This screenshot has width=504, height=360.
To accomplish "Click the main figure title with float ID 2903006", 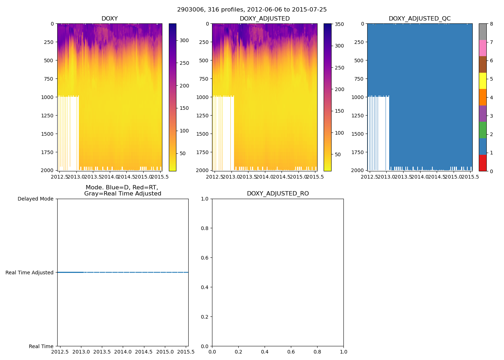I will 252,10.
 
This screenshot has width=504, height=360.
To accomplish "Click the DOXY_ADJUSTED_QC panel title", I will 419,18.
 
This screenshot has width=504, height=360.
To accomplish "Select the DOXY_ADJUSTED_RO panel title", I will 278,194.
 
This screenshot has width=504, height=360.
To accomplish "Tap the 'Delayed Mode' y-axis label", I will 35,199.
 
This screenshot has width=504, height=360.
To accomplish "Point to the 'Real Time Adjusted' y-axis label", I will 30,273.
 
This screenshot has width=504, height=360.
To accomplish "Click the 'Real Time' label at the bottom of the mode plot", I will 41,346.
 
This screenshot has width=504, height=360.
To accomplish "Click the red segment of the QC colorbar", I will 482,163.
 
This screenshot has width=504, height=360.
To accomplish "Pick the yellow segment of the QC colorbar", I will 482,81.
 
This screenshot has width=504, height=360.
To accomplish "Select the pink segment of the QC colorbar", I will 482,48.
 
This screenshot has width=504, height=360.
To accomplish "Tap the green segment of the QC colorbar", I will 482,130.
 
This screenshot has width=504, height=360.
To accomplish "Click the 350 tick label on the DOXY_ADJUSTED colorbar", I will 339,24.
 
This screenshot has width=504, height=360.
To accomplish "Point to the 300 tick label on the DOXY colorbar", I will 184,40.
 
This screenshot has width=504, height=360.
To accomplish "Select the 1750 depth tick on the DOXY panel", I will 47,152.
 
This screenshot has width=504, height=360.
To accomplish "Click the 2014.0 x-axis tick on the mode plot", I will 123,351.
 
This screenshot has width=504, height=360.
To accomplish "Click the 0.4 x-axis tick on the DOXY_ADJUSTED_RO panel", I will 265,351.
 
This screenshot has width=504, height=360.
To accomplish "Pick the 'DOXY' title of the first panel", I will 109,18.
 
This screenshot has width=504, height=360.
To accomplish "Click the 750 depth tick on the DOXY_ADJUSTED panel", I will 204,79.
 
